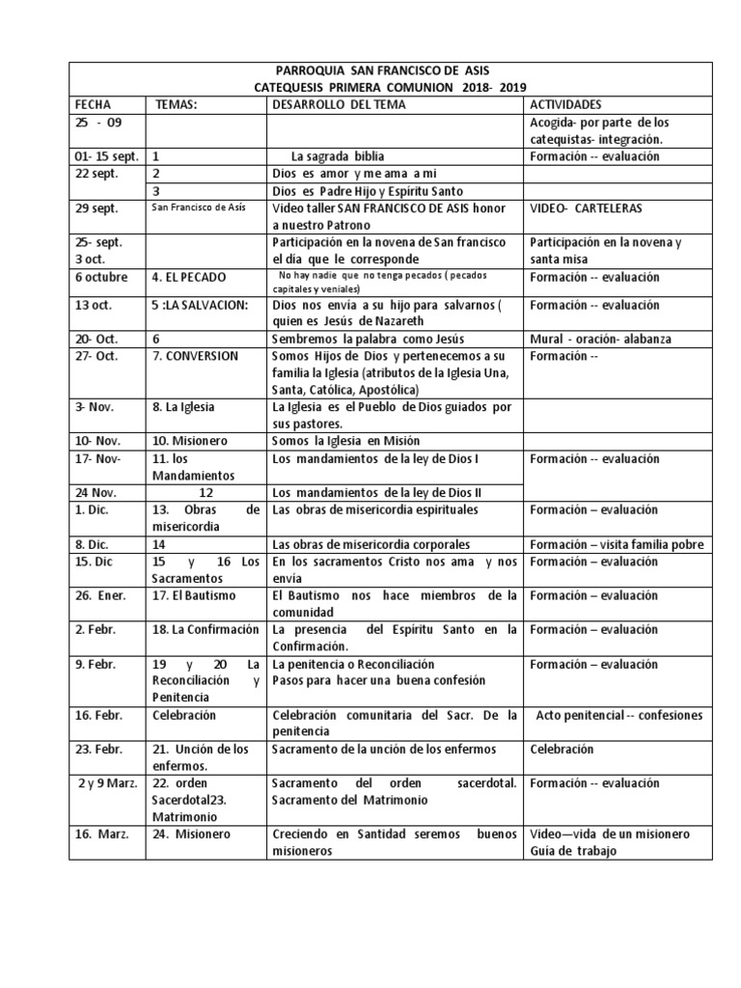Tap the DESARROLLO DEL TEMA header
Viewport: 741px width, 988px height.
point(339,104)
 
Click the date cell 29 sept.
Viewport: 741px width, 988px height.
point(99,208)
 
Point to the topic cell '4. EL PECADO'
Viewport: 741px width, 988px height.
point(188,277)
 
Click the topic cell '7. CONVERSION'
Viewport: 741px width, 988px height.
point(195,356)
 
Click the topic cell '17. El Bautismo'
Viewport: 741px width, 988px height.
point(192,594)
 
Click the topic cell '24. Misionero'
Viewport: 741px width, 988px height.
point(189,835)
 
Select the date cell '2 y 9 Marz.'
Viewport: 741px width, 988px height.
point(108,782)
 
